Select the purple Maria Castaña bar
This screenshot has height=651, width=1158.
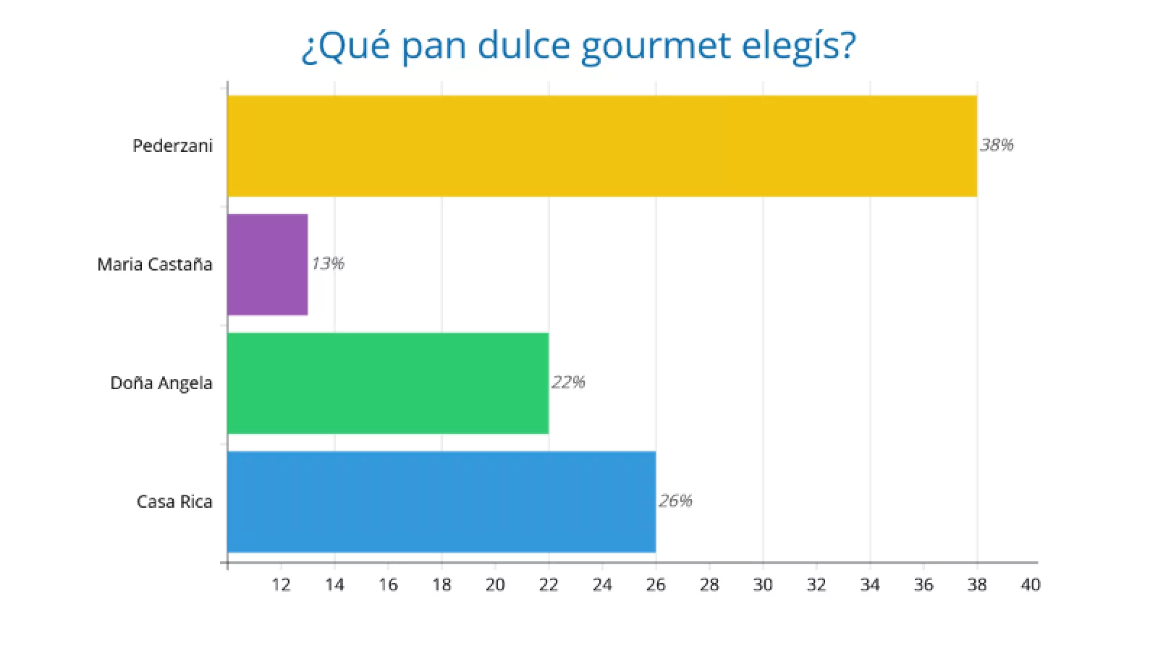[x=268, y=264]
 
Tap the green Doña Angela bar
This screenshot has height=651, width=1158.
[x=388, y=383]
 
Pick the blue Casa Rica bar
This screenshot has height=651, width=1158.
[x=441, y=501]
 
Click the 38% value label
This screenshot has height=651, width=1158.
[x=997, y=145]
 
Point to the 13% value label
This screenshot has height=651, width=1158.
[x=328, y=263]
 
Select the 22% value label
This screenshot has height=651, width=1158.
[x=568, y=382]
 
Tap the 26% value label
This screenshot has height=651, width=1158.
[x=675, y=501]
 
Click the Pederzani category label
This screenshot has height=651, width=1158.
[x=172, y=145]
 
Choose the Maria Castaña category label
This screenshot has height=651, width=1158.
[x=155, y=264]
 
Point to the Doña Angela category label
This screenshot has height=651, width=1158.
[x=161, y=383]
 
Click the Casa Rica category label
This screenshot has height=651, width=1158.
[x=174, y=501]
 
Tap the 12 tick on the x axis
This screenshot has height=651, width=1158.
[x=281, y=584]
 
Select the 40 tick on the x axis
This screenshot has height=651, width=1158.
[x=1030, y=584]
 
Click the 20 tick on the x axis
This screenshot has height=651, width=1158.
[x=495, y=584]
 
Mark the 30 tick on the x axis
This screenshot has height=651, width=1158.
[x=763, y=584]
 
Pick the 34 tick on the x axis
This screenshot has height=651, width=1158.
[x=870, y=584]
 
